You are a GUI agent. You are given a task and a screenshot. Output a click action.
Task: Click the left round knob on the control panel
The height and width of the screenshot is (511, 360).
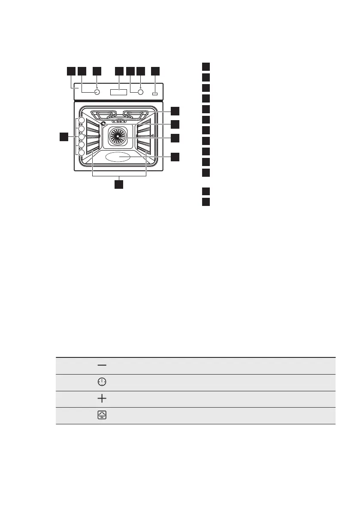pos(97,92)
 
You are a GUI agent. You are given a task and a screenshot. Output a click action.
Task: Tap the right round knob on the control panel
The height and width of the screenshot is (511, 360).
pos(140,92)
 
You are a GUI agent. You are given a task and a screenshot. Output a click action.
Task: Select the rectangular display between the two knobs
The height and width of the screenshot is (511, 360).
pos(118,92)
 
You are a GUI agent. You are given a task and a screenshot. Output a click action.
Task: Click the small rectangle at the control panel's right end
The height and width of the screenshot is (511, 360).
pos(154,93)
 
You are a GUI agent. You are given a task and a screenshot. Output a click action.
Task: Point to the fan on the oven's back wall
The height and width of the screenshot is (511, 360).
pos(116,136)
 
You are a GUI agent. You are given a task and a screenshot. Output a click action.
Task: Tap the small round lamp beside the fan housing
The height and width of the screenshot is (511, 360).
pos(103,124)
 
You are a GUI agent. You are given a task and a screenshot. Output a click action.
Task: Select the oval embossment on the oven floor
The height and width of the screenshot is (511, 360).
pos(118,157)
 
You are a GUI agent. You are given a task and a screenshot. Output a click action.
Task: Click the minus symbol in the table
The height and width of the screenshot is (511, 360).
pos(102,365)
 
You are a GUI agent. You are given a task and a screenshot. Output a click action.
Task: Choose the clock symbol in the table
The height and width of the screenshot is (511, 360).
pos(102,382)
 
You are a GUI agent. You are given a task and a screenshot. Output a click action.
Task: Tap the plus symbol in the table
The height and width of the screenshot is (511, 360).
pos(102,399)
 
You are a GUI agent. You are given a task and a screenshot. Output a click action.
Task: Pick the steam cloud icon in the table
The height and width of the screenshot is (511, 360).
pos(102,415)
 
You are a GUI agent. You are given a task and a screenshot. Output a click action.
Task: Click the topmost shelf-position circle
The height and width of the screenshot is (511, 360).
pos(81,121)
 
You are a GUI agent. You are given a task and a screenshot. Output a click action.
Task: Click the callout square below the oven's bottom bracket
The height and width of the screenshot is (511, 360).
pos(119,184)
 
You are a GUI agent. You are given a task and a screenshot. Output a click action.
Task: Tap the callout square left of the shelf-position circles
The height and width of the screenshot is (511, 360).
pos(64,137)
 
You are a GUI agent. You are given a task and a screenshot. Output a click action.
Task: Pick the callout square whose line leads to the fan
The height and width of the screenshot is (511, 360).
pos(175,138)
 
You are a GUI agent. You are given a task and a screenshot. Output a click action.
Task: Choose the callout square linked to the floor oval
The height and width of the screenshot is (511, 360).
pos(175,157)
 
